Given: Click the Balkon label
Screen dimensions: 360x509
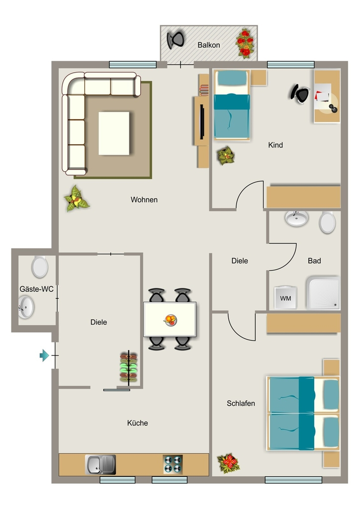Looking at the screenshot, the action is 209,45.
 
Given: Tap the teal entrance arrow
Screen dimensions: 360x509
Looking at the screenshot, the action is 44,355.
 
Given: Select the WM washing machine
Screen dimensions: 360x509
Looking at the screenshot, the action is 285,297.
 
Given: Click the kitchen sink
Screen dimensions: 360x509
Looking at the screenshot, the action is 100,465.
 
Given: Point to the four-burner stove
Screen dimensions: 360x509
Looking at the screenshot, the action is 173,465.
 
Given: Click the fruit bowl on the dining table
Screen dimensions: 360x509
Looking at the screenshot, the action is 171,320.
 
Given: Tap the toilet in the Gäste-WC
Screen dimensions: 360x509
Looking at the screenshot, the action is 40,267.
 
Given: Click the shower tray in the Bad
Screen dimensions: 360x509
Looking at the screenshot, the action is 323,293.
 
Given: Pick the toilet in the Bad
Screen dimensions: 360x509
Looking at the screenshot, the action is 327,222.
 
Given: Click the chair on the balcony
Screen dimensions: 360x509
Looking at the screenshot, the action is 176,40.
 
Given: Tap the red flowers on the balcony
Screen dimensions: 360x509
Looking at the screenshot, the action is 245,44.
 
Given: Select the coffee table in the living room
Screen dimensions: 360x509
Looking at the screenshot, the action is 114,133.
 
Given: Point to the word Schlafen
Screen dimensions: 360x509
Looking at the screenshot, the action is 241,404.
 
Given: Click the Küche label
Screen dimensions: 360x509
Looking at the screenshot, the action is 138,423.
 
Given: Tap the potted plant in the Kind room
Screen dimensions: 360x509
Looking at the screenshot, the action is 226,156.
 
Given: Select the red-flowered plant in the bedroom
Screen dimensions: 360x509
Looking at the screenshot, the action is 229,463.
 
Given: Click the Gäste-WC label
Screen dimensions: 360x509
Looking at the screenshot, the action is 36,289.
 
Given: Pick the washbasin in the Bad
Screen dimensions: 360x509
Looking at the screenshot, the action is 297,218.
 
